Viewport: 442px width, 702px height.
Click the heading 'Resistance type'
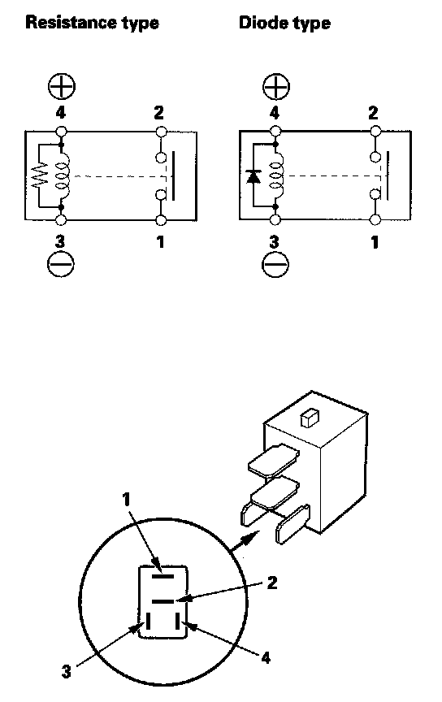pos(92,23)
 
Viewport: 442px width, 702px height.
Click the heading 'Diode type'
pos(284,23)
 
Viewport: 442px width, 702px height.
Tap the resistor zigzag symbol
pos(40,175)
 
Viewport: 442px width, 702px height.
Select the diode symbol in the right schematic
pos(253,176)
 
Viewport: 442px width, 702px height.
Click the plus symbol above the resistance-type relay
pos(62,86)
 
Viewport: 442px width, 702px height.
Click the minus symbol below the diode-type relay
pos(275,264)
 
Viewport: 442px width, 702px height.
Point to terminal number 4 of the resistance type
pos(60,112)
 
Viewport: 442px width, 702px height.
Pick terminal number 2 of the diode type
pos(373,112)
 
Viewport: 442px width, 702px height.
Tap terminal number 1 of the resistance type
pos(160,242)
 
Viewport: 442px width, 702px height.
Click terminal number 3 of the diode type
pos(274,242)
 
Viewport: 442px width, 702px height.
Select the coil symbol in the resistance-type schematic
pos(63,175)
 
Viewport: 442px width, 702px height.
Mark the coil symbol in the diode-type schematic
pos(277,175)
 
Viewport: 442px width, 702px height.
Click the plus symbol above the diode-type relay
pos(276,86)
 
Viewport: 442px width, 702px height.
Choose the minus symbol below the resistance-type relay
pos(61,264)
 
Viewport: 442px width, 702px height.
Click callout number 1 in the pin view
pos(126,500)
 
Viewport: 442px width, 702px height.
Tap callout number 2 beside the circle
pos(272,583)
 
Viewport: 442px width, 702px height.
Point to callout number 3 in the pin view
pos(66,672)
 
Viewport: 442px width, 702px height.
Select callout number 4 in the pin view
pos(266,657)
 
